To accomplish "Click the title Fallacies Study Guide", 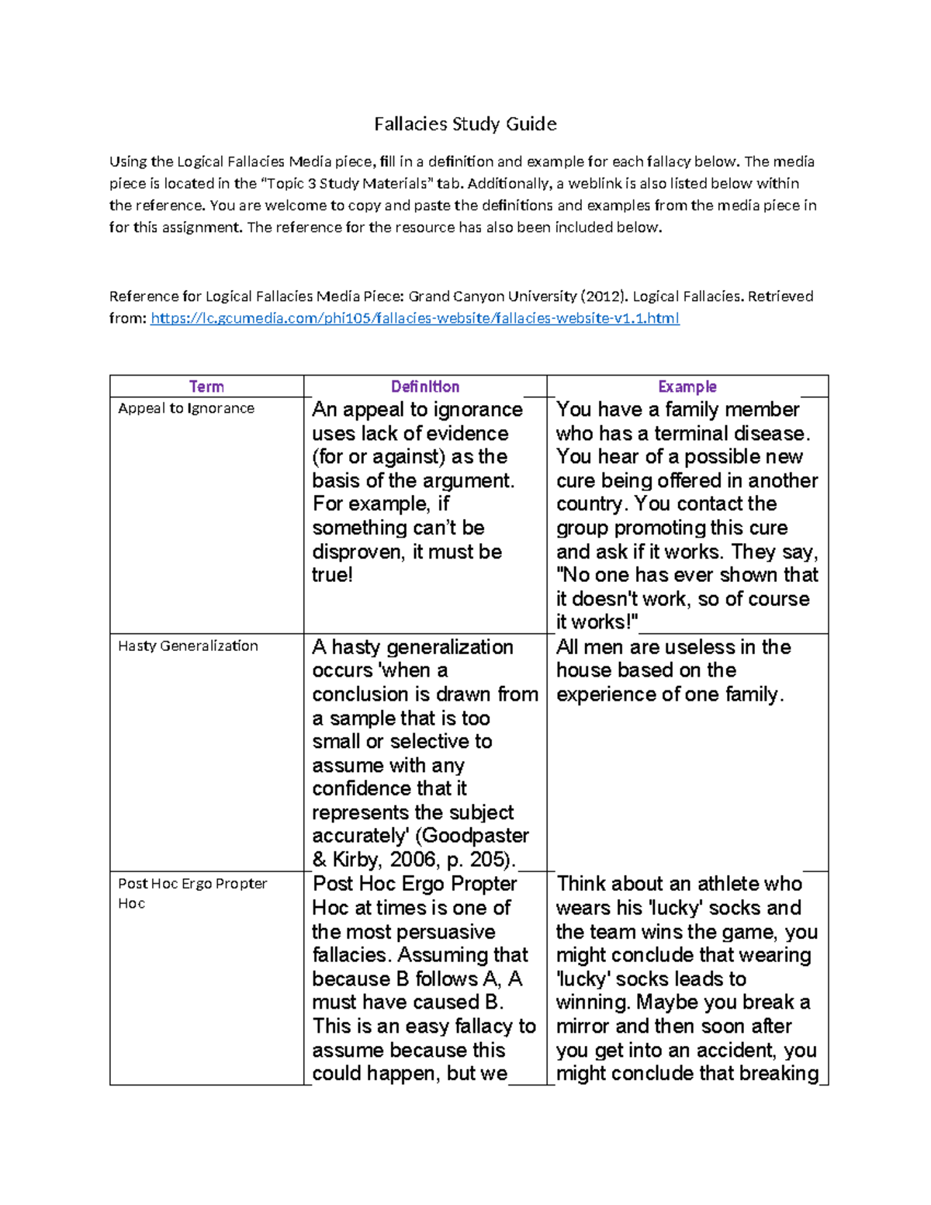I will [x=465, y=124].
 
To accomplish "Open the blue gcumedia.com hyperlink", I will [x=414, y=318].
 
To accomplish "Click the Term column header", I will [x=206, y=386].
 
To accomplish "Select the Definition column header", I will [x=425, y=386].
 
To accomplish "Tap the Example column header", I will [x=687, y=386].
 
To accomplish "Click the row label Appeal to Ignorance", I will [x=186, y=408].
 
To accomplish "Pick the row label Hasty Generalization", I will [x=188, y=646].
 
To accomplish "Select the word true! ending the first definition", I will [x=332, y=575].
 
